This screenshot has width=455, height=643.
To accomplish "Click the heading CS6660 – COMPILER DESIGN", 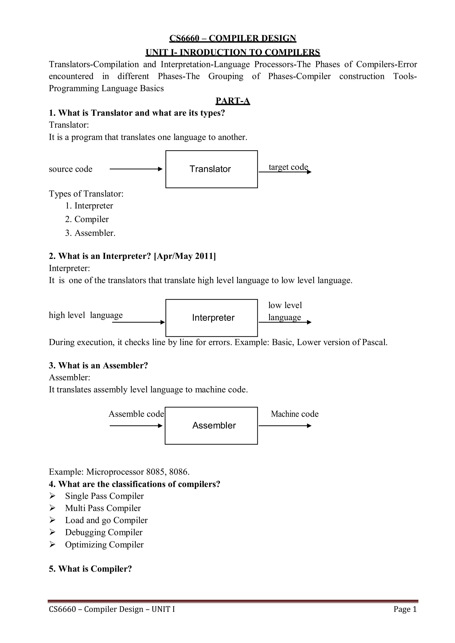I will point(233,38).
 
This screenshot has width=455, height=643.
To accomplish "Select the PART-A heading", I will point(233,101).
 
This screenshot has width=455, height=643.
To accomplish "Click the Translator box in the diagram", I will point(212,169).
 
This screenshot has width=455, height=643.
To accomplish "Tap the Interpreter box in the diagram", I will point(212,318).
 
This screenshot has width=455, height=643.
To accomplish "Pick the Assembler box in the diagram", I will point(211,426).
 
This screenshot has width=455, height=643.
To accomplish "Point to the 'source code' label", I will point(71,169).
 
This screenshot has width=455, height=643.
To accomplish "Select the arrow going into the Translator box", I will point(136,169).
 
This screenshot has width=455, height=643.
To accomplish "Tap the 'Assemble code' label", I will point(136,414).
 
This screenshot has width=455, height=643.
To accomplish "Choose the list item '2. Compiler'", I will point(87,219).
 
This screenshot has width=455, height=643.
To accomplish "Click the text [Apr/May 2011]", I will point(185,256).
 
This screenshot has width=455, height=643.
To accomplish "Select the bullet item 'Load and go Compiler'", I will point(106,520).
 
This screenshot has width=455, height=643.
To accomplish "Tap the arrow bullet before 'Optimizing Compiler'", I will point(52,544).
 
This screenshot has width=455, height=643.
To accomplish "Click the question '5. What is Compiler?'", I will point(90,569).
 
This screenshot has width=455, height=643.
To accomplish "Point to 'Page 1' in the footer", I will point(405,609).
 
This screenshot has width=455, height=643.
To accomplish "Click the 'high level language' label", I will point(86,315).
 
